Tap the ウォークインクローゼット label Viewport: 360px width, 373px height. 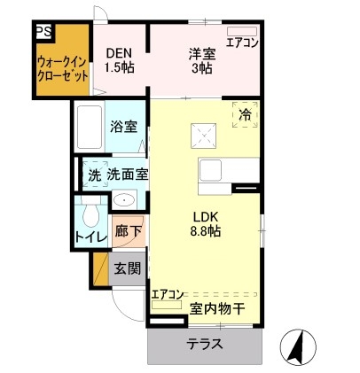click(62, 68)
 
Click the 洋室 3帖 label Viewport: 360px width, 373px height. click(202, 59)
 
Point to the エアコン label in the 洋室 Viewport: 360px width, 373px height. click(240, 41)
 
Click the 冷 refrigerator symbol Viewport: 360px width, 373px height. click(245, 114)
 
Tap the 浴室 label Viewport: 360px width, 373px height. click(123, 127)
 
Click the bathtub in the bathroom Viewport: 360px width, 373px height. click(89, 127)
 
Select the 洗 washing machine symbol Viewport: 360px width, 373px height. click(93, 175)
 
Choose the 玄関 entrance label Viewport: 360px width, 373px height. click(127, 268)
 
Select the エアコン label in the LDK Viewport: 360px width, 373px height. click(167, 294)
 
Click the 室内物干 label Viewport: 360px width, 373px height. click(217, 308)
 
